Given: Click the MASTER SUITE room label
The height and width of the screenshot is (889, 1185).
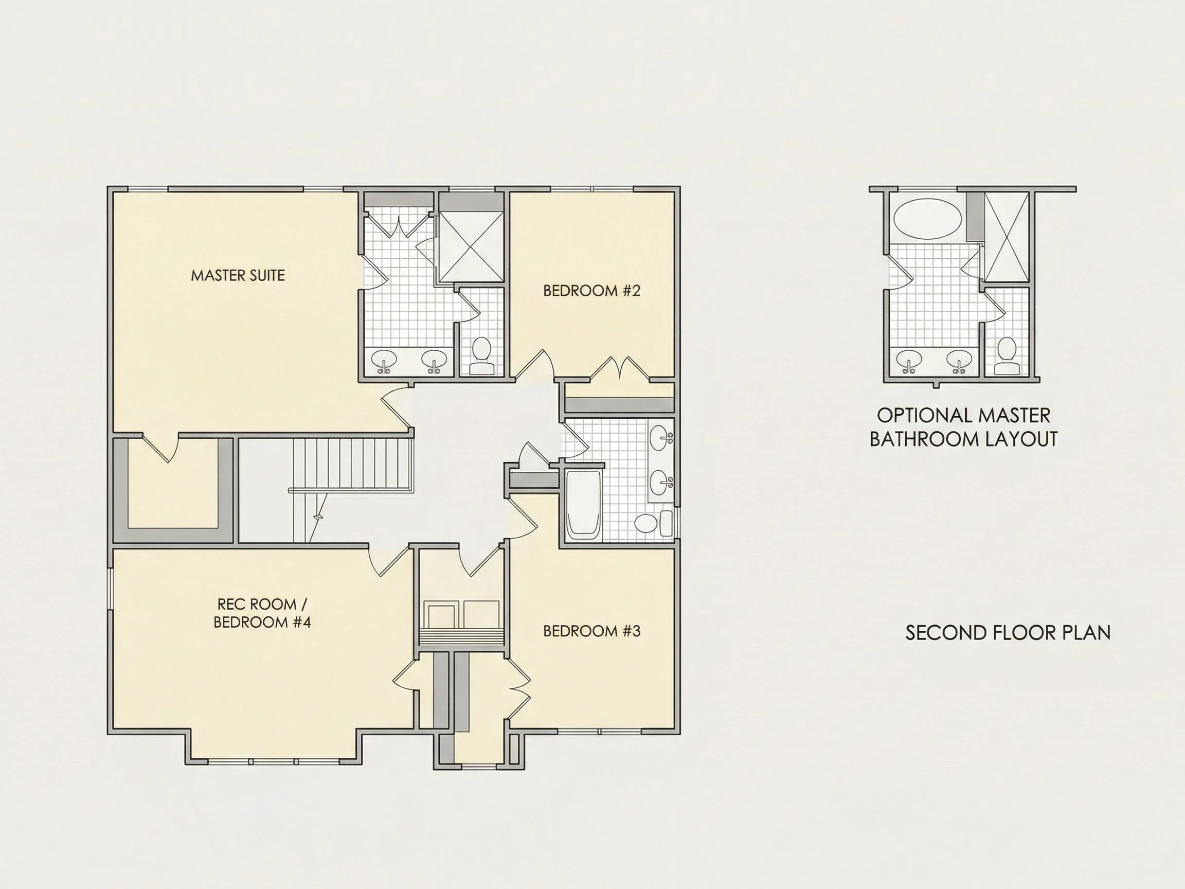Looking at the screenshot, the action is [238, 275].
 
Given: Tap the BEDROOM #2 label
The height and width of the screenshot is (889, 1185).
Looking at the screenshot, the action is [591, 291].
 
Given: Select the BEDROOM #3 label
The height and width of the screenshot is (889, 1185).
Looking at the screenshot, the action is [591, 631].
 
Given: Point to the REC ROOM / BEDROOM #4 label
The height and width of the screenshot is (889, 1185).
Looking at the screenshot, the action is [262, 613].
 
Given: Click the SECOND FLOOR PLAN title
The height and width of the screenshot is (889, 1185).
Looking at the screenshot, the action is [1008, 633].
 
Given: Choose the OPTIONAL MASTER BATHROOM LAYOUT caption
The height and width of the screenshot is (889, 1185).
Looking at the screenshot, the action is [963, 427].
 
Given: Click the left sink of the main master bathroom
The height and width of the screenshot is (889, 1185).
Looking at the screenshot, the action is [384, 361].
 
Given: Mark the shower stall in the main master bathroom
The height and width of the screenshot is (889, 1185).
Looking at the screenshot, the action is [471, 246].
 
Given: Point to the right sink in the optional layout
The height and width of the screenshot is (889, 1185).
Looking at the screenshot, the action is [959, 361].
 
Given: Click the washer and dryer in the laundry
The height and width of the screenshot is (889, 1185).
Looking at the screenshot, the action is [462, 614].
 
